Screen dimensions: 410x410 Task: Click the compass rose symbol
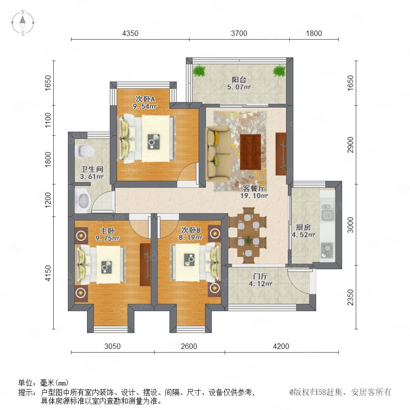[x=23, y=22]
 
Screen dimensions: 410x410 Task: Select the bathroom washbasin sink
[x=82, y=200]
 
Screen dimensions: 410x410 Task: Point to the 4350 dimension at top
[x=130, y=33]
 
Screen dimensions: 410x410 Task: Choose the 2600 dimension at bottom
[x=189, y=346]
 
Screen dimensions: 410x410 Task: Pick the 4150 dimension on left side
[x=48, y=273]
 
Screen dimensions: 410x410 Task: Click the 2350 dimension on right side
[x=350, y=297]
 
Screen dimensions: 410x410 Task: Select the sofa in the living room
[x=218, y=154]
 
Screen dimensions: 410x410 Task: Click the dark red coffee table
[x=251, y=152]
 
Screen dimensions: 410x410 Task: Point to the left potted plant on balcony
[x=200, y=71]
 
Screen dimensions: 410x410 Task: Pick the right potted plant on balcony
[x=279, y=71]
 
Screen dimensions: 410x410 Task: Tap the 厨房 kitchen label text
[x=303, y=227]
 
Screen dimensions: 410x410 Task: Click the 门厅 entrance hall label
[x=260, y=277]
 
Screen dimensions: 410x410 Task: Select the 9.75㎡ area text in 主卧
[x=107, y=238]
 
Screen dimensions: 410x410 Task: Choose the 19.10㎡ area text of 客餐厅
[x=254, y=195]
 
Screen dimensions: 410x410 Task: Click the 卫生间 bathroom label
[x=92, y=169]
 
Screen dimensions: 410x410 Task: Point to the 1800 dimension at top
[x=314, y=33]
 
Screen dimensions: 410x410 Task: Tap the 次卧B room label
[x=191, y=230]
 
